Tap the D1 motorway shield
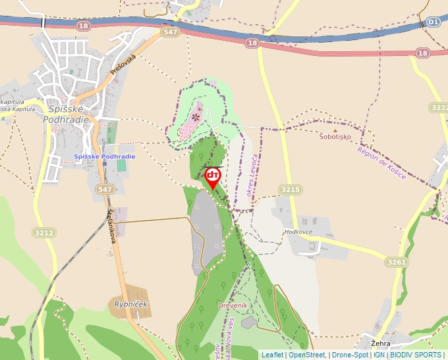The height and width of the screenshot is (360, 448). click(432, 22)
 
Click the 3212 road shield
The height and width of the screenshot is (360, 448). click(43, 232)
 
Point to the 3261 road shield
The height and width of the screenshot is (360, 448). click(397, 262)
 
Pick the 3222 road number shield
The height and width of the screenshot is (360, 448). click(438, 107)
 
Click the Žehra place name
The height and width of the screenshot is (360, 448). click(381, 344)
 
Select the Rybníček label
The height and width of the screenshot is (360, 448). click(131, 304)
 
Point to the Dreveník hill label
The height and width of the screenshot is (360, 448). click(232, 306)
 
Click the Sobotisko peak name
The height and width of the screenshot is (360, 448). click(335, 137)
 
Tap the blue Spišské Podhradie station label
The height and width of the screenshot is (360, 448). click(104, 156)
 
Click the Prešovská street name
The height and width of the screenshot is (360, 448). click(123, 66)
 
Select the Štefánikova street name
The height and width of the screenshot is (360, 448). click(111, 227)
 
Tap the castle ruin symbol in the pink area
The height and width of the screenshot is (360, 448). click(195, 117)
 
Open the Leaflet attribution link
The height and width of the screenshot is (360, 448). click(272, 355)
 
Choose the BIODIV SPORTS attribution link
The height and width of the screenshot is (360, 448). click(416, 355)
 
